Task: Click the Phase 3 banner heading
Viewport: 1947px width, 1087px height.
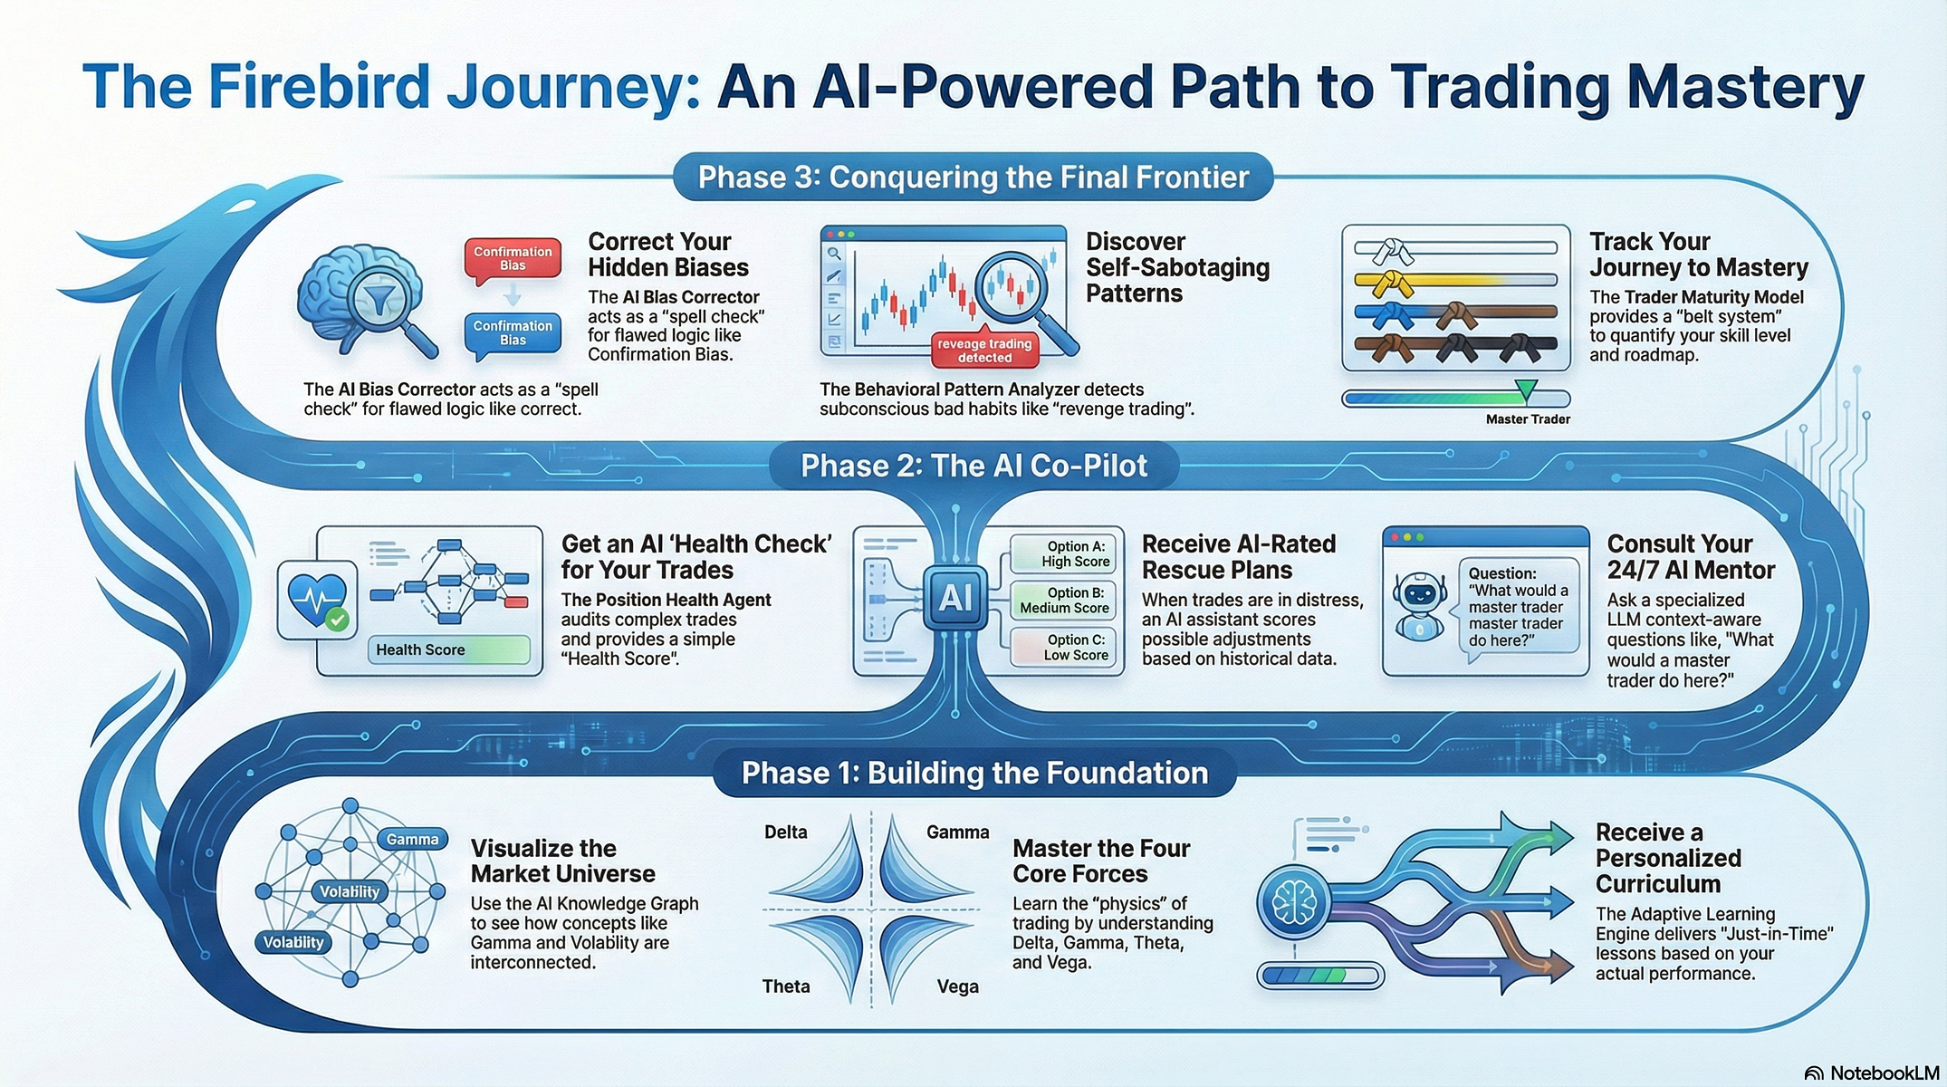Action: pyautogui.click(x=973, y=178)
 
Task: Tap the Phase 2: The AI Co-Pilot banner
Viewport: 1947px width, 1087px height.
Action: pyautogui.click(x=973, y=466)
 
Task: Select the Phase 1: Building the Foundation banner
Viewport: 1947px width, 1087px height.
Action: pyautogui.click(x=974, y=773)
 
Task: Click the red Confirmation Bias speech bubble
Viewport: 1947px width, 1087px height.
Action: pyautogui.click(x=513, y=259)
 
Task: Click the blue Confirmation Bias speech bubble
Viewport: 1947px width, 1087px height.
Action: pyautogui.click(x=513, y=333)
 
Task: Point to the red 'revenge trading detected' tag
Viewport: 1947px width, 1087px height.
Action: pyautogui.click(x=984, y=351)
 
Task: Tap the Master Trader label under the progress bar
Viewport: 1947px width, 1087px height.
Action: pyautogui.click(x=1528, y=419)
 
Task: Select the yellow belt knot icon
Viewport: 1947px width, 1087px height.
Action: pyautogui.click(x=1386, y=282)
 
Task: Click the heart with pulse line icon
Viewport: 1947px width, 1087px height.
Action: pyautogui.click(x=317, y=598)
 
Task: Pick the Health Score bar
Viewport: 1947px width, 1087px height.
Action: pyautogui.click(x=449, y=649)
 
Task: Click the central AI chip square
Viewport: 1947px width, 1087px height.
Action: pyautogui.click(x=955, y=598)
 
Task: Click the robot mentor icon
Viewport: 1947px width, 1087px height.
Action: pyautogui.click(x=1419, y=605)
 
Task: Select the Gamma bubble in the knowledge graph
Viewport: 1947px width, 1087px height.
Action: pyautogui.click(x=412, y=840)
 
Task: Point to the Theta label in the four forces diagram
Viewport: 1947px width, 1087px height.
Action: pyautogui.click(x=786, y=986)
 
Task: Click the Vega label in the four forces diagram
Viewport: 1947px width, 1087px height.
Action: pyautogui.click(x=957, y=986)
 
